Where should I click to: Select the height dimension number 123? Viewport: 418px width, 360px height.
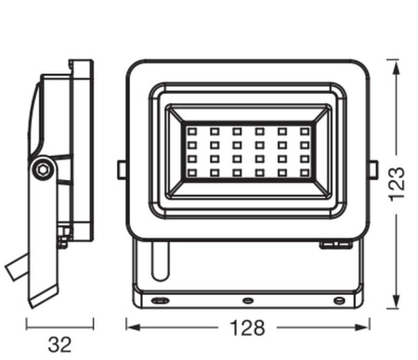[398, 186]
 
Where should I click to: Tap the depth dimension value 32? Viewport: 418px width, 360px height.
[59, 344]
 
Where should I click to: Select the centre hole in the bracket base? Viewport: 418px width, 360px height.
[248, 301]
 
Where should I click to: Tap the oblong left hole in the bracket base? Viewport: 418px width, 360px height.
[160, 301]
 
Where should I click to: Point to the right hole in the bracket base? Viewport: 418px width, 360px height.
[336, 301]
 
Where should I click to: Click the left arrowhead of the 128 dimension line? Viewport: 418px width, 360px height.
[130, 327]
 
